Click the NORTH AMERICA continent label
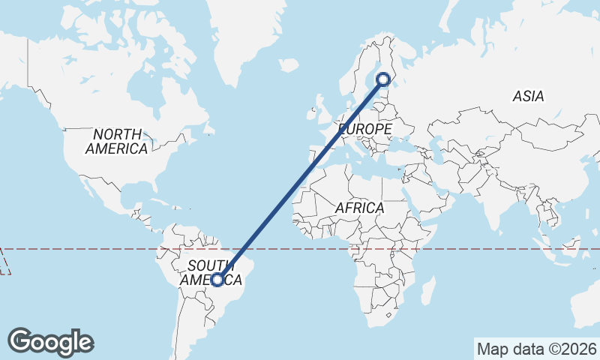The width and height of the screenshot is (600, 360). pyautogui.click(x=116, y=141)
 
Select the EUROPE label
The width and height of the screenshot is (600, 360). pyautogui.click(x=365, y=130)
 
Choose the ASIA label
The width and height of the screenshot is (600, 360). pyautogui.click(x=528, y=96)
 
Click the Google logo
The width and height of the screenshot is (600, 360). pyautogui.click(x=50, y=341)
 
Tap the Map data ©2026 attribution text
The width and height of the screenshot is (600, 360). pyautogui.click(x=536, y=349)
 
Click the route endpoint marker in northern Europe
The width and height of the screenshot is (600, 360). pyautogui.click(x=383, y=79)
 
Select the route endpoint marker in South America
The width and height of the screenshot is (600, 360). pyautogui.click(x=217, y=280)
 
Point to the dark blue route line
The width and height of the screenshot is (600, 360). pyautogui.click(x=300, y=179)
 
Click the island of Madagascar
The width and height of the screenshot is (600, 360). pyautogui.click(x=427, y=290)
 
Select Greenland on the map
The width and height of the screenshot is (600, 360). pyautogui.click(x=240, y=30)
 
